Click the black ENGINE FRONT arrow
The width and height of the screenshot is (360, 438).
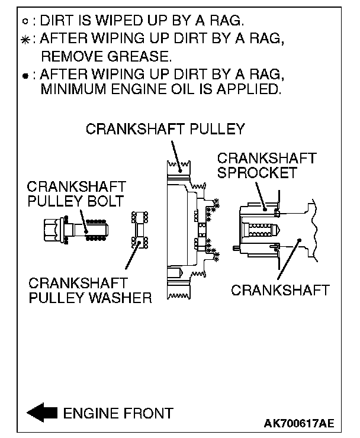(x=42, y=413)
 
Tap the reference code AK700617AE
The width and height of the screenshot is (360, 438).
(x=299, y=424)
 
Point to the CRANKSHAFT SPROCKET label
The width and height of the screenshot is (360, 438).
(x=266, y=165)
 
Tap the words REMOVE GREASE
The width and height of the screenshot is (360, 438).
(x=105, y=57)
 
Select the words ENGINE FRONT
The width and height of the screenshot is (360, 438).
(x=118, y=413)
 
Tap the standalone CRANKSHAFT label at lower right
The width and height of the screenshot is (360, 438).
(x=279, y=290)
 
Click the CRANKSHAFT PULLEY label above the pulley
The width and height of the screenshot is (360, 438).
(x=165, y=129)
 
